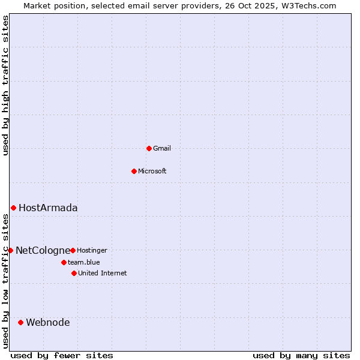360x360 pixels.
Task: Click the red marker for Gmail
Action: click(x=149, y=148)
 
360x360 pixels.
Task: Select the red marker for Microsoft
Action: click(x=134, y=171)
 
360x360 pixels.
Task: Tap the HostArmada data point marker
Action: click(x=13, y=208)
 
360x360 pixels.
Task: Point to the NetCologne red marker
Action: click(x=10, y=250)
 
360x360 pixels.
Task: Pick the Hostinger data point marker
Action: click(x=73, y=250)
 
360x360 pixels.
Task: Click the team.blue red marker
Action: click(x=64, y=262)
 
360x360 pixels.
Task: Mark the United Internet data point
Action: click(x=74, y=273)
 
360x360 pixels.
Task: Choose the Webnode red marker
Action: click(x=20, y=322)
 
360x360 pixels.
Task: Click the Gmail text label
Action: click(x=162, y=148)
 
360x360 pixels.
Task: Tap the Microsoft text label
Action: click(x=152, y=171)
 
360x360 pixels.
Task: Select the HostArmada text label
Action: click(x=48, y=208)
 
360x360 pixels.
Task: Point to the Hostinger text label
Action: click(x=92, y=250)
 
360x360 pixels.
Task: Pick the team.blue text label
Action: click(x=84, y=262)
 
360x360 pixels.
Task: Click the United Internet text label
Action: click(x=103, y=273)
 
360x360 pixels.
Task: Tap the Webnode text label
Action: click(x=48, y=322)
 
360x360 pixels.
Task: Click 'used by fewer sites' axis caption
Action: click(x=62, y=355)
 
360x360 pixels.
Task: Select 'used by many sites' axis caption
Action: click(x=301, y=355)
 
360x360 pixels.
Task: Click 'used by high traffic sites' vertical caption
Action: click(x=5, y=86)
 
